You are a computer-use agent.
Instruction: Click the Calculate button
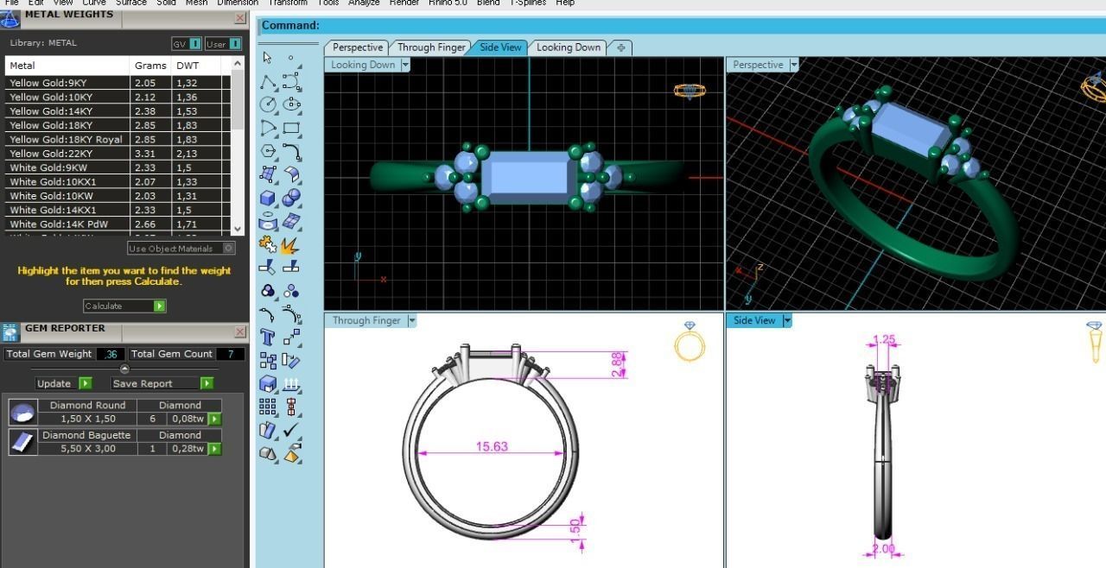[124, 306]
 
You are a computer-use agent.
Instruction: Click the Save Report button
[162, 383]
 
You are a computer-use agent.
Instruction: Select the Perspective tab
[357, 47]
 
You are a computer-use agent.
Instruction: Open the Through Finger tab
[431, 47]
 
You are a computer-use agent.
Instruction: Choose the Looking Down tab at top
[568, 47]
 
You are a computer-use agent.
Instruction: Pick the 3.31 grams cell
[144, 154]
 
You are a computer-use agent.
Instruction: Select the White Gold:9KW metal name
[48, 167]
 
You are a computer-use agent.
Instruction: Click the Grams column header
[150, 66]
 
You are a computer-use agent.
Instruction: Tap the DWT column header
[188, 66]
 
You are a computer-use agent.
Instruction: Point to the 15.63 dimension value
[492, 446]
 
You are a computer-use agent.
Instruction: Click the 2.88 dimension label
[617, 363]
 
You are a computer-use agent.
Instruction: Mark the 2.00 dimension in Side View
[883, 548]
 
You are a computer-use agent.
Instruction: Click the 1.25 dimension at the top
[885, 340]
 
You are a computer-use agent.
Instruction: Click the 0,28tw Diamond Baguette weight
[187, 449]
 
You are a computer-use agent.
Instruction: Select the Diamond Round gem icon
[22, 413]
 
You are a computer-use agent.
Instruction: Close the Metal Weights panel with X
[239, 18]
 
